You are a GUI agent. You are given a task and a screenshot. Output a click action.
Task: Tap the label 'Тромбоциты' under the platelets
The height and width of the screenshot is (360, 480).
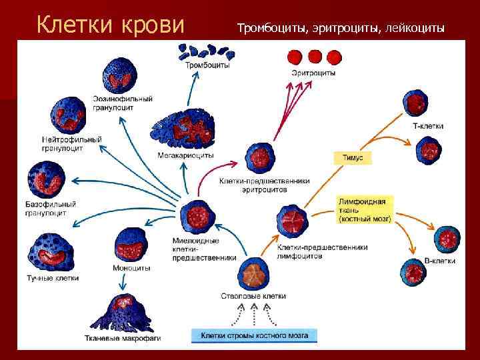[208, 65]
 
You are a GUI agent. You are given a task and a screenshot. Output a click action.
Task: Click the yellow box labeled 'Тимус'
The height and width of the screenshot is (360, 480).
[352, 158]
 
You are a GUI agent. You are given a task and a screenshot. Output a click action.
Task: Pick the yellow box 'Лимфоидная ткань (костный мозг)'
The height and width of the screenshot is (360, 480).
[365, 209]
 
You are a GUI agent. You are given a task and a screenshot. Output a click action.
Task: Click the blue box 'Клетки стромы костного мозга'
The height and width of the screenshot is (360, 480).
[254, 335]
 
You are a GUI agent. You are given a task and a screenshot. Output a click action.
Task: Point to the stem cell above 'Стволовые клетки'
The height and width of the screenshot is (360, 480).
[253, 274]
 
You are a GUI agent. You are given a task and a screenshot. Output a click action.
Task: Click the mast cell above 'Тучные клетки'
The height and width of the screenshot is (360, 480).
[51, 251]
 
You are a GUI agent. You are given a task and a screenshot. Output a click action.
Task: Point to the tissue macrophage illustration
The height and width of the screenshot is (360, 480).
[123, 313]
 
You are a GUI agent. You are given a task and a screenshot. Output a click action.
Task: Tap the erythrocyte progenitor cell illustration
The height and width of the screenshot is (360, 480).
[258, 158]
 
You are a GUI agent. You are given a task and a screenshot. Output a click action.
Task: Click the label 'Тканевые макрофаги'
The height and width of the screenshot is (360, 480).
[123, 338]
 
